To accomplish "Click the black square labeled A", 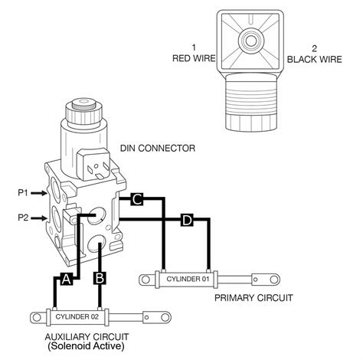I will pyautogui.click(x=67, y=279).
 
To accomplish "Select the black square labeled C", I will pyautogui.click(x=136, y=200).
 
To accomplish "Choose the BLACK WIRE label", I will pyautogui.click(x=312, y=58).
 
